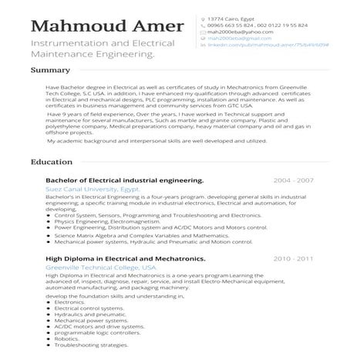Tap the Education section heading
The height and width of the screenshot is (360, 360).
click(x=52, y=163)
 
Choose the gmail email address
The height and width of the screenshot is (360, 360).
click(x=240, y=39)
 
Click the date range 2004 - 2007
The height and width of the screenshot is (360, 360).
click(x=294, y=180)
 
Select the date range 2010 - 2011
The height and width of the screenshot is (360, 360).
click(x=294, y=259)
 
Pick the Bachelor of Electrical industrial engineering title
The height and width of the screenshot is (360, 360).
click(x=124, y=180)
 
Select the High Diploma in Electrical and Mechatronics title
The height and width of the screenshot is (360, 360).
click(x=126, y=259)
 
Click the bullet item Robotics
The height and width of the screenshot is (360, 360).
click(x=67, y=338)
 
